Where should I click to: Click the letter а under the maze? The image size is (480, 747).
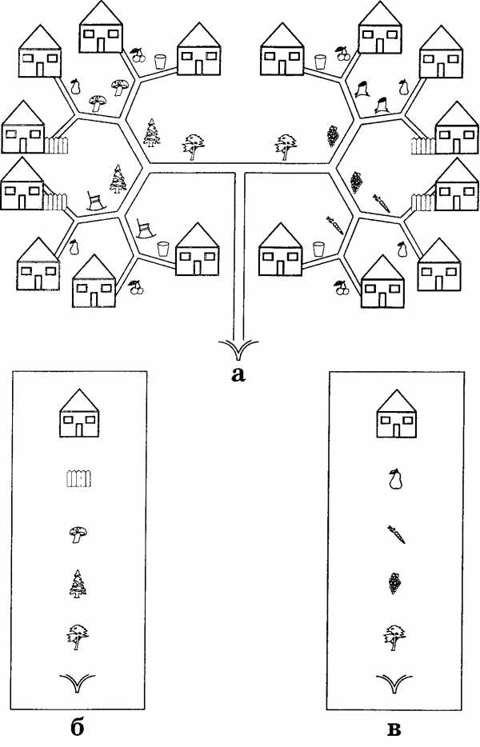point(238,374)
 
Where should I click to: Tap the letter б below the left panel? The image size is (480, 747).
point(78,728)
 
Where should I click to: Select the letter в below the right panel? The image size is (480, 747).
point(394,729)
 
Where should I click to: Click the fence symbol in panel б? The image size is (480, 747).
point(78,479)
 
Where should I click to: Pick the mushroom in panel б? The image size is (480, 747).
point(78,534)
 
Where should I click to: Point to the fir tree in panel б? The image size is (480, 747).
point(78,584)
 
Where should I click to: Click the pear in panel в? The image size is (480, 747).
point(395,479)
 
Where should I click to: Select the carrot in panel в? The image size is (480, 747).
point(396,534)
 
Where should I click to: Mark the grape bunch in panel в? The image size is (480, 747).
point(394,582)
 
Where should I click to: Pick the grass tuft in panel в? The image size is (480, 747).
point(394,684)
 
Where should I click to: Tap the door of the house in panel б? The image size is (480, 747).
point(79,429)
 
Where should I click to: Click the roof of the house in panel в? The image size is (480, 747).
point(397,401)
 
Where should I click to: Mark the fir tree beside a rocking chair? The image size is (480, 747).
point(118,178)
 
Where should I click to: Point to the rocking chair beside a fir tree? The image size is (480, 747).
point(96,201)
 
